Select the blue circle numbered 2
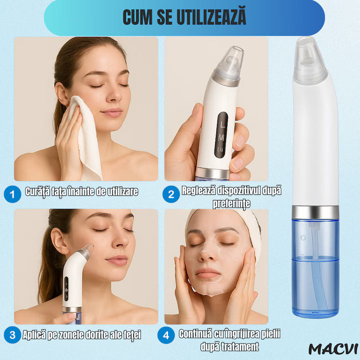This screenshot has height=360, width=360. [x=171, y=194]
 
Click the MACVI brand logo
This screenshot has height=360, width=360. [x=330, y=348]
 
